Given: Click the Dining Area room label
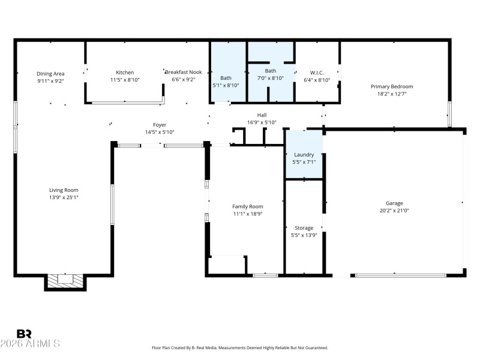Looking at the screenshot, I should (x=50, y=73).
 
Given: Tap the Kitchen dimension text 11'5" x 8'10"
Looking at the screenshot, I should (x=125, y=80).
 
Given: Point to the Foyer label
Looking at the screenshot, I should (x=160, y=125).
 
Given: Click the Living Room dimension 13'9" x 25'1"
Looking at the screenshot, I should (x=64, y=197).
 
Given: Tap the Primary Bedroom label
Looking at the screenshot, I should (x=391, y=86).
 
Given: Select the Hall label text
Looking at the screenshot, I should (x=262, y=115).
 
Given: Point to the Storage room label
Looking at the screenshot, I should (x=304, y=228).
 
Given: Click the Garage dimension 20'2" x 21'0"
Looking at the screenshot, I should (x=394, y=211).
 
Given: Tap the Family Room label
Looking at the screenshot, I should (x=247, y=206).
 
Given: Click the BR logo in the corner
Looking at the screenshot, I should (x=24, y=334).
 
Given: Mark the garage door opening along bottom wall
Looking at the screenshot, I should (x=400, y=275).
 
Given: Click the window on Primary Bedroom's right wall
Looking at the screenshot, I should (x=449, y=114).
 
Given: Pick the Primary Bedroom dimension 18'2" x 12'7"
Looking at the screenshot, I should (x=391, y=94).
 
